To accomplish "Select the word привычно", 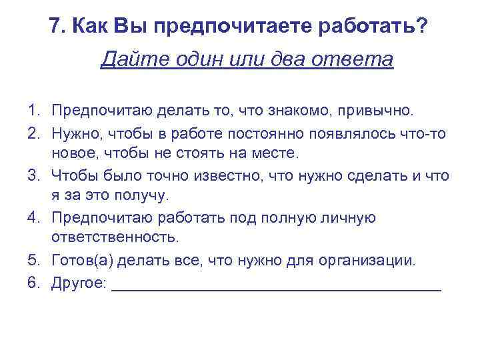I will tap(379, 109).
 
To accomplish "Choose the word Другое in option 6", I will tap(79, 283).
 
